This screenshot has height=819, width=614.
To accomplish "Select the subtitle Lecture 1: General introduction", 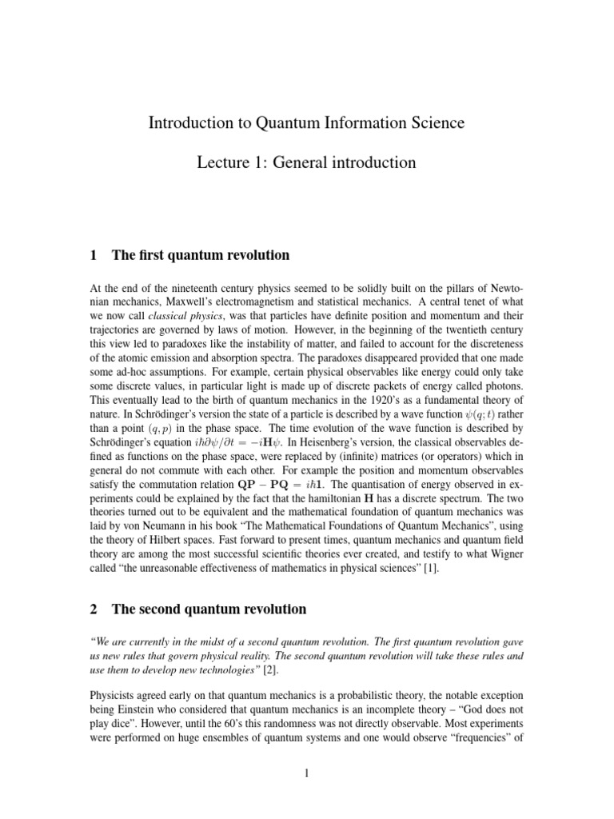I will [x=306, y=162].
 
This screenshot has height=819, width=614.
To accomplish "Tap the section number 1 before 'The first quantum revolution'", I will [x=94, y=256].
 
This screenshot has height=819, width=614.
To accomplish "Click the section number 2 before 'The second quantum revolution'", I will [x=94, y=609].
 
